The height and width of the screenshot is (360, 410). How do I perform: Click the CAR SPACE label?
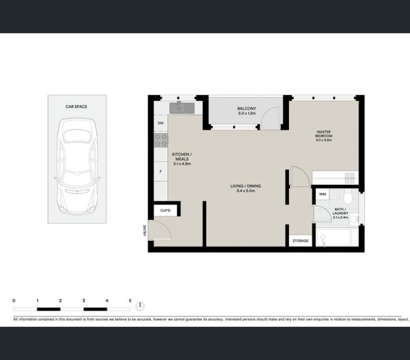(76, 106)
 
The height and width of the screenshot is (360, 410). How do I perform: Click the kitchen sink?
(182, 108)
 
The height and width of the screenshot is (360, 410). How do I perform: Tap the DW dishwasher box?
(161, 123)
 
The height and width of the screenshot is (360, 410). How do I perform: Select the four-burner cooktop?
(161, 140)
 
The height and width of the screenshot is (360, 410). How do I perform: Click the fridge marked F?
(161, 171)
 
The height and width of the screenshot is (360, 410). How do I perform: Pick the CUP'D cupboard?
(165, 210)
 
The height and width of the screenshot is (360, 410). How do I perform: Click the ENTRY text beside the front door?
(144, 230)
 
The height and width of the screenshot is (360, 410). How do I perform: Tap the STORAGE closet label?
(300, 241)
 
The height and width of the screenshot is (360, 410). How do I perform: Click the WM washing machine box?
(323, 194)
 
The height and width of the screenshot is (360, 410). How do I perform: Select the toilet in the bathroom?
(348, 197)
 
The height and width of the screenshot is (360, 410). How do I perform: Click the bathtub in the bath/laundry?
(334, 237)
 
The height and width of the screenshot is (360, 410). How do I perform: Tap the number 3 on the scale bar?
(84, 301)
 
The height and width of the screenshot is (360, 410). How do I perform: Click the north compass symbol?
(140, 306)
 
